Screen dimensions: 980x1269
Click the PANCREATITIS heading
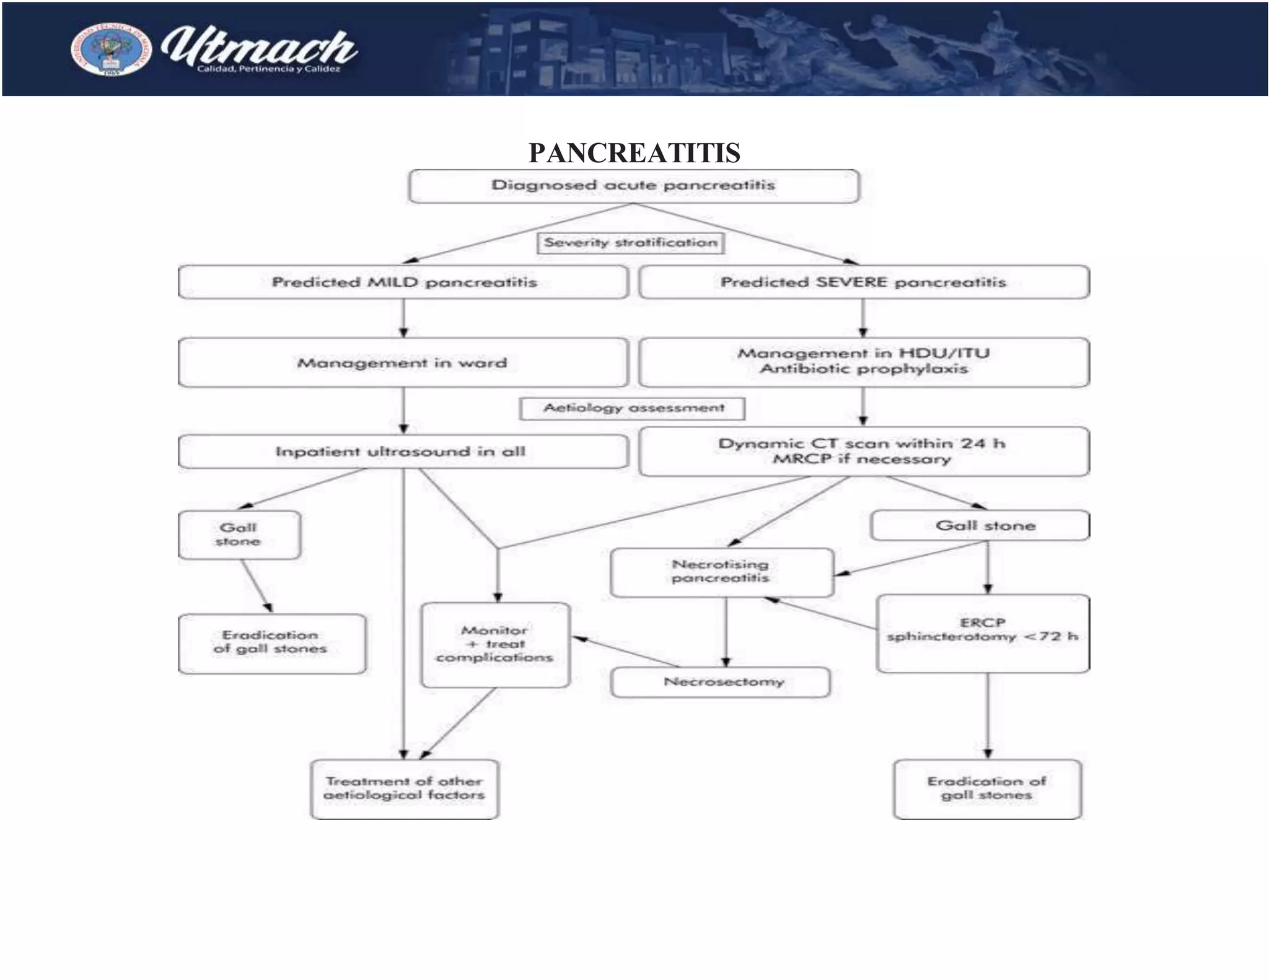(x=634, y=152)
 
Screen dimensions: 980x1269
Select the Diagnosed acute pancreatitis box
(x=633, y=186)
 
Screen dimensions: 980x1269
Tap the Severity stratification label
(x=630, y=243)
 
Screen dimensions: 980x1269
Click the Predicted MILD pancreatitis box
(x=403, y=282)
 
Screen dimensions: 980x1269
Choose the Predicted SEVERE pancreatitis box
(x=863, y=282)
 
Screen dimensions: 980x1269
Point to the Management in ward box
(x=402, y=363)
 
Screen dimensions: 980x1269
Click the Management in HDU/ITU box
(x=863, y=362)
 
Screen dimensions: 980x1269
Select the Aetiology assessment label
(x=633, y=408)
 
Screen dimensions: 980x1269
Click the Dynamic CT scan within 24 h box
(x=863, y=452)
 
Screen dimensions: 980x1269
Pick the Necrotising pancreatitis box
(x=721, y=572)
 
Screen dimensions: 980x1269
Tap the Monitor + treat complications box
(x=494, y=644)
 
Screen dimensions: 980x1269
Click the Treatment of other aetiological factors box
(x=404, y=789)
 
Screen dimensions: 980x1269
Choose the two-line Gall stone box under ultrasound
(x=239, y=535)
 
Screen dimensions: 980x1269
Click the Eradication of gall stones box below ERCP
(x=986, y=789)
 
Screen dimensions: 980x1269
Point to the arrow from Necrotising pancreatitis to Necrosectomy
(x=726, y=632)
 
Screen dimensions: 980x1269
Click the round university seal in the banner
(x=111, y=50)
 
